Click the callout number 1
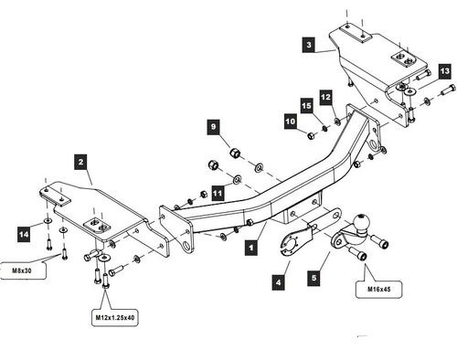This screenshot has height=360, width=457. tap(251, 247)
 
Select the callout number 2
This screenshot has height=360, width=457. tap(80, 162)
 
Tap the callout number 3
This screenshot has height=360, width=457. tap(309, 45)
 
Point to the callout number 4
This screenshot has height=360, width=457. tap(279, 282)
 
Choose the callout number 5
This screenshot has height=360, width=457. tap(314, 278)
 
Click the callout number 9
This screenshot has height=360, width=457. tap(213, 126)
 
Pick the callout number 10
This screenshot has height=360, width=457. tap(291, 122)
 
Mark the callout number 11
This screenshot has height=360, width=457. tap(218, 194)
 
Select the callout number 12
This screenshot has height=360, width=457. tap(325, 97)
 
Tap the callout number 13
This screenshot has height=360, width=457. tap(445, 71)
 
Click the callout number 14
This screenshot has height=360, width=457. tap(24, 234)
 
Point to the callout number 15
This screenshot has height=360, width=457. tap(306, 105)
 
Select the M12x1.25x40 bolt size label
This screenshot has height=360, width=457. tap(115, 317)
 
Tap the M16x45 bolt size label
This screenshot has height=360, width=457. tap(378, 289)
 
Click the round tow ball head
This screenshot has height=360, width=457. tap(361, 221)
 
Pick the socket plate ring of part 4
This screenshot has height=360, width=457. tap(290, 242)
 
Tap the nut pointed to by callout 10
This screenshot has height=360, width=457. tap(311, 135)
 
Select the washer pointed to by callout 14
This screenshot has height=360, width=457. tap(48, 220)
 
